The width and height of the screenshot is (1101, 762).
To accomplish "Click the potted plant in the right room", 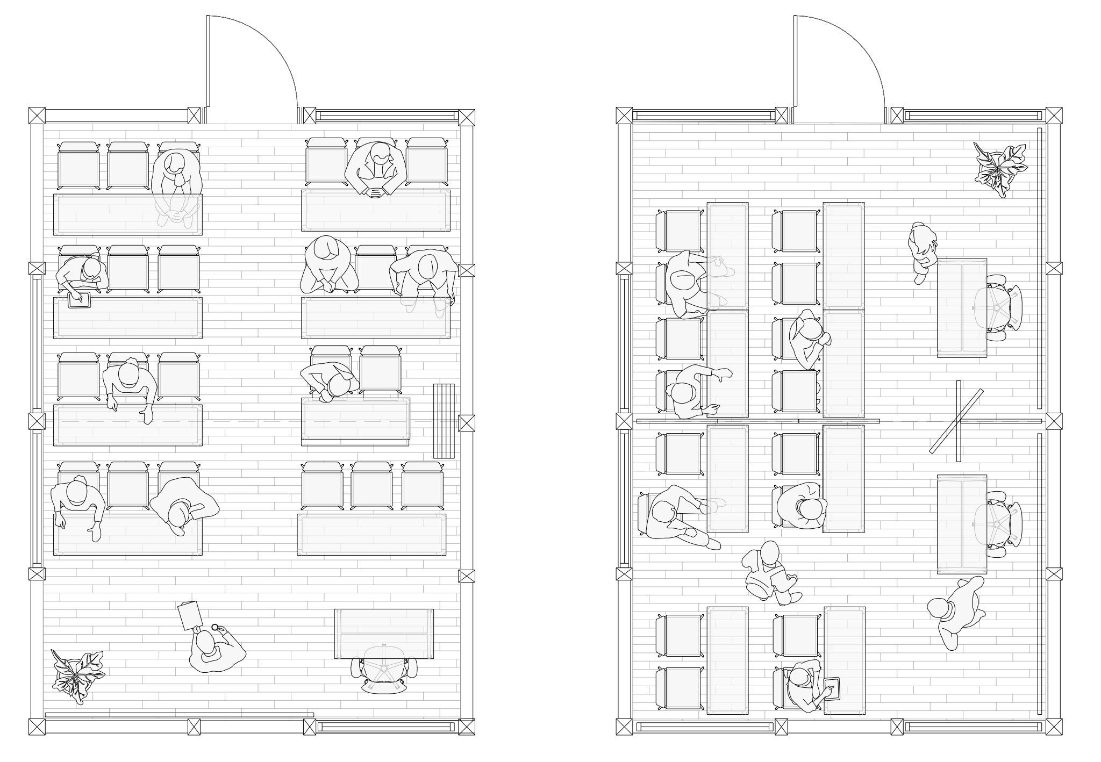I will tap(1000, 169).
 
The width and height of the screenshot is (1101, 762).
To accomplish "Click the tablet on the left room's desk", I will tap(79, 300).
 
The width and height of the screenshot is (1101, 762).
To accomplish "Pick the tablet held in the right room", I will tap(832, 689).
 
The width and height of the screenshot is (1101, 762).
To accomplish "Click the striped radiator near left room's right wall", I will tap(444, 421).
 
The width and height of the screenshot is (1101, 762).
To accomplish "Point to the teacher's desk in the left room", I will tap(383, 634).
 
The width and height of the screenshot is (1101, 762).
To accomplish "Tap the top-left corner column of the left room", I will tap(37, 116).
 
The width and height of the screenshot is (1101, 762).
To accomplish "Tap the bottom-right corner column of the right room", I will tap(1054, 727).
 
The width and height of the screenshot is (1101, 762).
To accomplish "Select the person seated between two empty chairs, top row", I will tap(375, 168).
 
